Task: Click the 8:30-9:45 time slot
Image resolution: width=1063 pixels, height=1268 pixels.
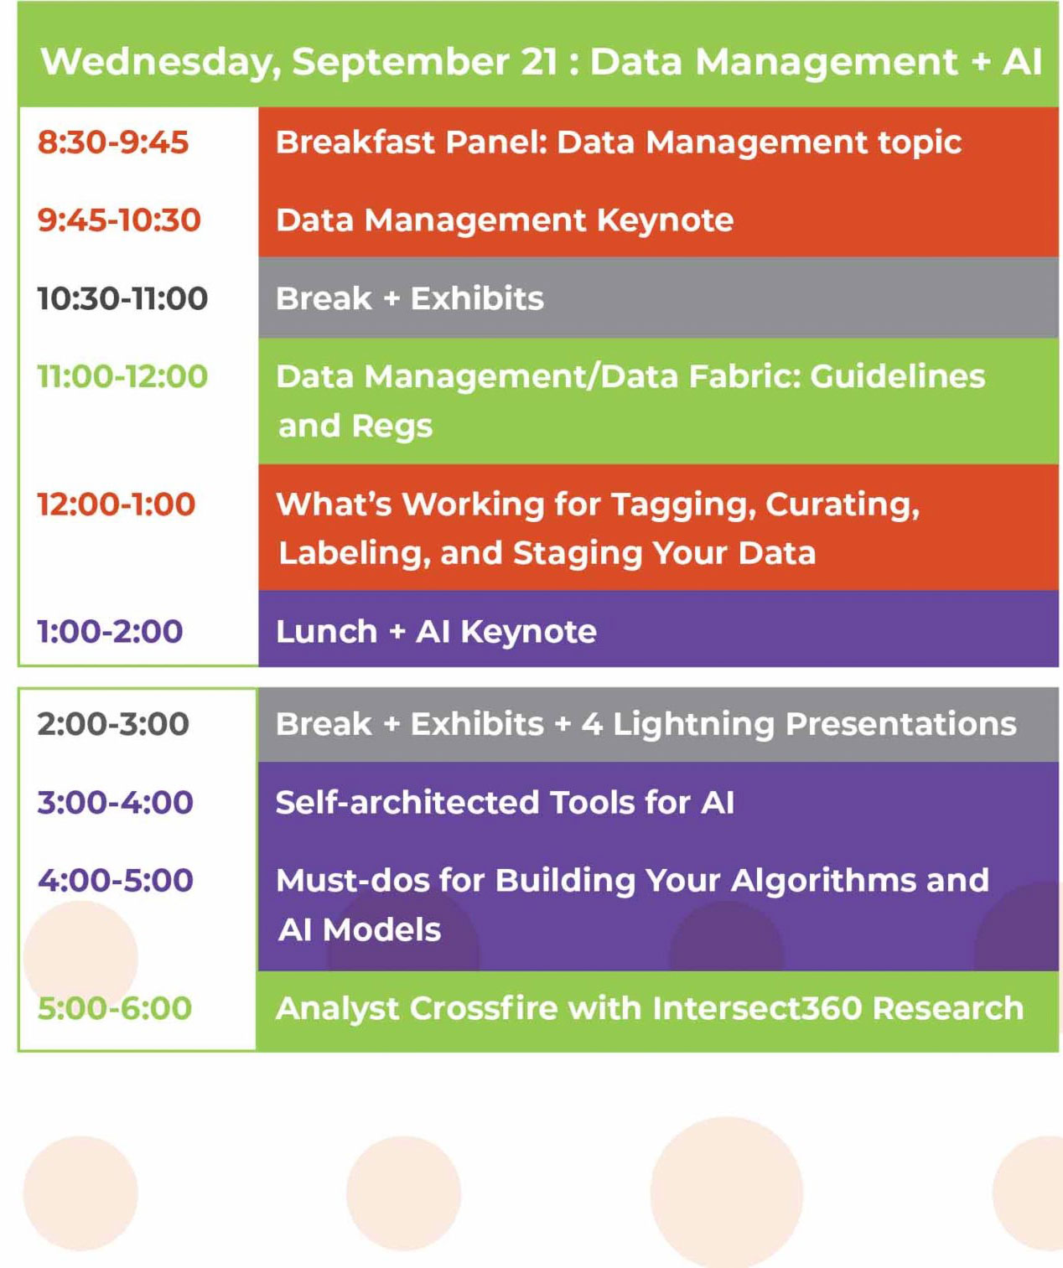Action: coord(113,142)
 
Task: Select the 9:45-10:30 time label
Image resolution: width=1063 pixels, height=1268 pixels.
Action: coord(119,220)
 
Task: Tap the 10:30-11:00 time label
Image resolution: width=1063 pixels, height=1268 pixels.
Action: coord(122,299)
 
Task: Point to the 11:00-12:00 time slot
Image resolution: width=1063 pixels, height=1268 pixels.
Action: coord(122,376)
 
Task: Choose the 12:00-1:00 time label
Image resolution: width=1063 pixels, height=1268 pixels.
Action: coord(117,505)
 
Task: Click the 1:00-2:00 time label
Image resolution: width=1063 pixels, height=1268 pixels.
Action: coord(110,632)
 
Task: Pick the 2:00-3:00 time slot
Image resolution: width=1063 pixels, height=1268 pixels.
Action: coord(113,724)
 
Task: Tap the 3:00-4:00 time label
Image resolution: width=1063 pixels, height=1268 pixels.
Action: coord(116,803)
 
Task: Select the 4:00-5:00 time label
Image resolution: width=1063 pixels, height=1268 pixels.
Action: coord(116,881)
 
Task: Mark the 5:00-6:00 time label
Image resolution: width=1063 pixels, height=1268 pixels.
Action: coord(115,1009)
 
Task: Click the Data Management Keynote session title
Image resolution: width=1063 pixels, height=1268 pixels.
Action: coord(505,220)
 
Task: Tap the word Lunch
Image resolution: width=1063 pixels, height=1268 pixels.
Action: coord(327,632)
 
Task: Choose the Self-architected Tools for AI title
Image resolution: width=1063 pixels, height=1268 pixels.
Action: coord(505,803)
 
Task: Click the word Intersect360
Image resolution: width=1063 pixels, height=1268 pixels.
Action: coord(758,1009)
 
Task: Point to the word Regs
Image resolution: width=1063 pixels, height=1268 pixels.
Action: coord(392,427)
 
